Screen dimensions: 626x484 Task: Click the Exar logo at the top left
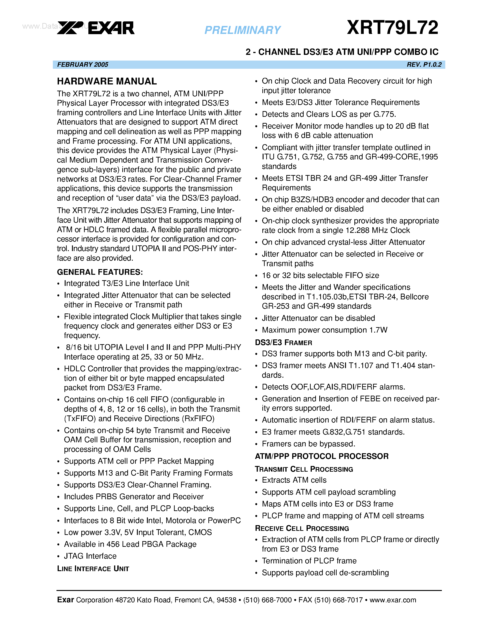pyautogui.click(x=96, y=28)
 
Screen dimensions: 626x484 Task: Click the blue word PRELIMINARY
pyautogui.click(x=243, y=30)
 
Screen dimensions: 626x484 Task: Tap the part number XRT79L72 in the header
pyautogui.click(x=392, y=28)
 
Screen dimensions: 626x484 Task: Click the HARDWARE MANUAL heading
pyautogui.click(x=107, y=81)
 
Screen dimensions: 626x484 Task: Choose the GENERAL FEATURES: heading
pyautogui.click(x=100, y=272)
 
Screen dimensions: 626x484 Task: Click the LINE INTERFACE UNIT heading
pyautogui.click(x=93, y=569)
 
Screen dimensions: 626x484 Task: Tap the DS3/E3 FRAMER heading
pyautogui.click(x=284, y=343)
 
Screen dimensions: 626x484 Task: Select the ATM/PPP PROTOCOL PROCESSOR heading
pyautogui.click(x=322, y=456)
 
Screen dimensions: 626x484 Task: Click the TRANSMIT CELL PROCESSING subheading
pyautogui.click(x=304, y=469)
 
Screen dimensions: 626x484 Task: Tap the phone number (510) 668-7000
pyautogui.click(x=267, y=600)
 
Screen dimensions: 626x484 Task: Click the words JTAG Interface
pyautogui.click(x=90, y=556)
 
